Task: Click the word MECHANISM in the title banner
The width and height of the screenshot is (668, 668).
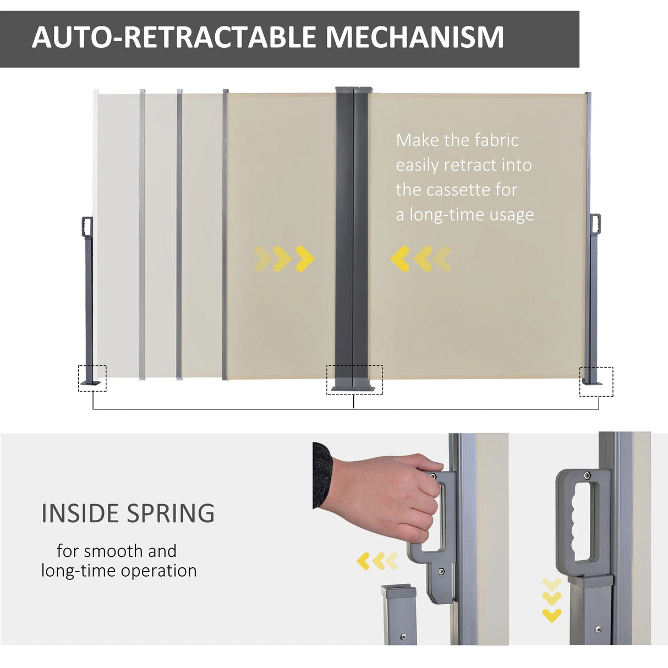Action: tap(414, 37)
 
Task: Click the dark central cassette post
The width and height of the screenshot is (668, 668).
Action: tap(352, 231)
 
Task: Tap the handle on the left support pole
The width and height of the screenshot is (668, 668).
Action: tap(87, 227)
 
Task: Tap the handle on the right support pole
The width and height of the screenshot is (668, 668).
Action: tap(595, 225)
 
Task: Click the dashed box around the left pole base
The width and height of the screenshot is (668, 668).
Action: tap(92, 378)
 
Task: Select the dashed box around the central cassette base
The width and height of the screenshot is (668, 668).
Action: tap(354, 380)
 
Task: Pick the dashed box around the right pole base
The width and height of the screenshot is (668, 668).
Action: tap(596, 381)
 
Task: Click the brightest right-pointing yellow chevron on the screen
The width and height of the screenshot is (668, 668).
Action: tap(305, 259)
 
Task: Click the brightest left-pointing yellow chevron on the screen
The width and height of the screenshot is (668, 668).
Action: tap(400, 259)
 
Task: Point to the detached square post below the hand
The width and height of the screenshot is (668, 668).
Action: tap(398, 614)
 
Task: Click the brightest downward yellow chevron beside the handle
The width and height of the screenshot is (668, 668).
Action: tap(552, 616)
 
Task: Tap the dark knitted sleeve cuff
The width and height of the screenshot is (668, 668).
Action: tap(322, 474)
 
